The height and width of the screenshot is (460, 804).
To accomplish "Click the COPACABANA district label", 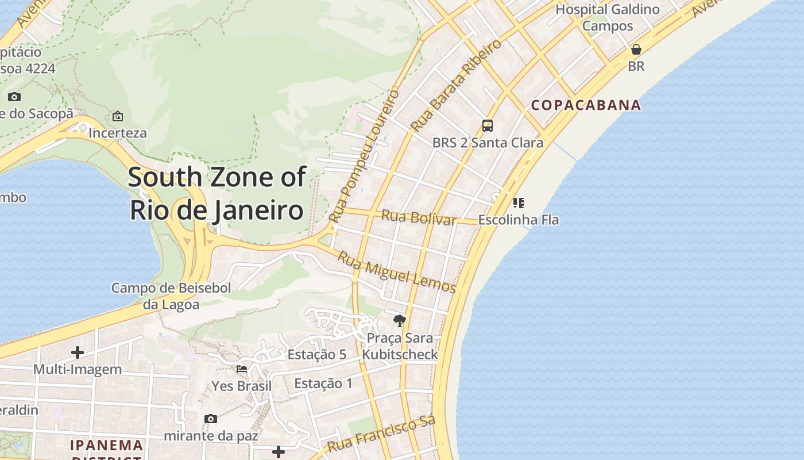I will tap(586, 105).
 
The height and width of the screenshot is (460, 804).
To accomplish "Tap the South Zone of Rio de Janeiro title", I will tap(217, 193).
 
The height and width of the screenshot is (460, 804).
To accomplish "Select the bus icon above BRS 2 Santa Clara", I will tap(488, 125).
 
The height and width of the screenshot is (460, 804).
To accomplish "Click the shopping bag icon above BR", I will tap(636, 49).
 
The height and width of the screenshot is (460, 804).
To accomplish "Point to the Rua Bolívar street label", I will tap(419, 218).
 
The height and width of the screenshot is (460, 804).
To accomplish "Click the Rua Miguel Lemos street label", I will tap(396, 272).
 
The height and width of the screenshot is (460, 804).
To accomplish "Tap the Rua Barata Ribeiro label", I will tap(456, 85).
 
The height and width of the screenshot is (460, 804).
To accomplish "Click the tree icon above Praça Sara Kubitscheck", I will tap(399, 320).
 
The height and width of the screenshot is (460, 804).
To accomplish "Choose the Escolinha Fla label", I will tap(518, 220).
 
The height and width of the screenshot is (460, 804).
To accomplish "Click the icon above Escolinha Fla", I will tap(518, 202).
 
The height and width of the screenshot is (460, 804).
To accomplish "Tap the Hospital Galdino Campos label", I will tap(608, 17).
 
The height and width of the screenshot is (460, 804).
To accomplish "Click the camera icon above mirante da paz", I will tap(211, 419).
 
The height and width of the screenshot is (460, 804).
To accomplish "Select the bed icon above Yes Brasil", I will tap(242, 369).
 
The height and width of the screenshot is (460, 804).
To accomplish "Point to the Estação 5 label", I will tap(316, 354).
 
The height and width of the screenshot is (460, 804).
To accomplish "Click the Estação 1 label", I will tap(323, 383).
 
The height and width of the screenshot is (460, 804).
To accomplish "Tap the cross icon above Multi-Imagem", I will tap(78, 352).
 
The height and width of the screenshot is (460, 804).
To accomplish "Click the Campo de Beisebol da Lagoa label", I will tap(171, 296).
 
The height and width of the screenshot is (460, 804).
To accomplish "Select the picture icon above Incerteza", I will tap(118, 116).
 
